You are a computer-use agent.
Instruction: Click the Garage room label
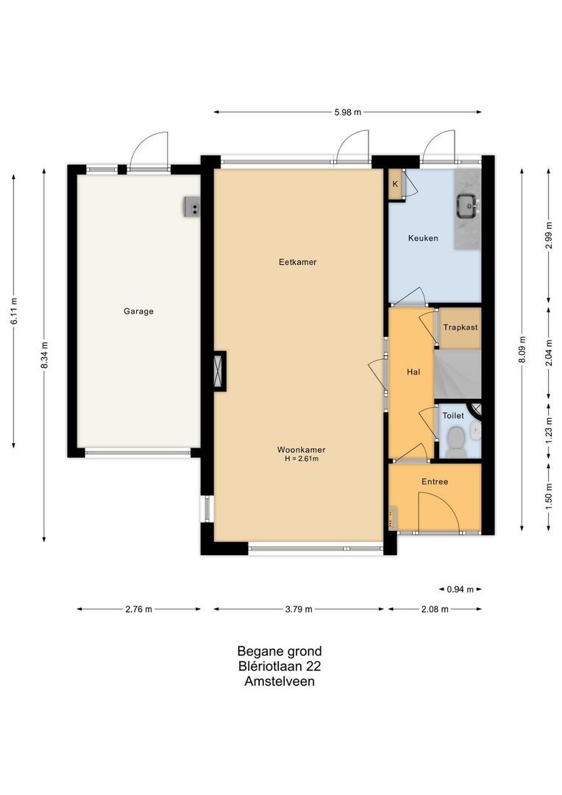click(138, 311)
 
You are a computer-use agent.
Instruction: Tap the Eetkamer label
click(297, 262)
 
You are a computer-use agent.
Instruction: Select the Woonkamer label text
click(302, 450)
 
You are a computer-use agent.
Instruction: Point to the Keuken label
click(423, 239)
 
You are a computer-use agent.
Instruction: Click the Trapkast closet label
click(460, 327)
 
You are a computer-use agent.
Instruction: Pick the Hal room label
click(413, 372)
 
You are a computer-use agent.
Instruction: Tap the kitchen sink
click(466, 205)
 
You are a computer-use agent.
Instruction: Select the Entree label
click(435, 482)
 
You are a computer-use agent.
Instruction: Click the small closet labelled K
click(395, 184)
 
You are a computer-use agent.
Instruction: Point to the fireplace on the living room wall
click(219, 371)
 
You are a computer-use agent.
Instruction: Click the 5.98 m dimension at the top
click(348, 113)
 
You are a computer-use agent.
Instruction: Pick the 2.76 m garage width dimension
click(138, 609)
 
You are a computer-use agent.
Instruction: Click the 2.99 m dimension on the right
click(549, 236)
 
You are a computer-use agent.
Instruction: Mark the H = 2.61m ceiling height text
click(302, 459)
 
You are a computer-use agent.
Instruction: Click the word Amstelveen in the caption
click(280, 682)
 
